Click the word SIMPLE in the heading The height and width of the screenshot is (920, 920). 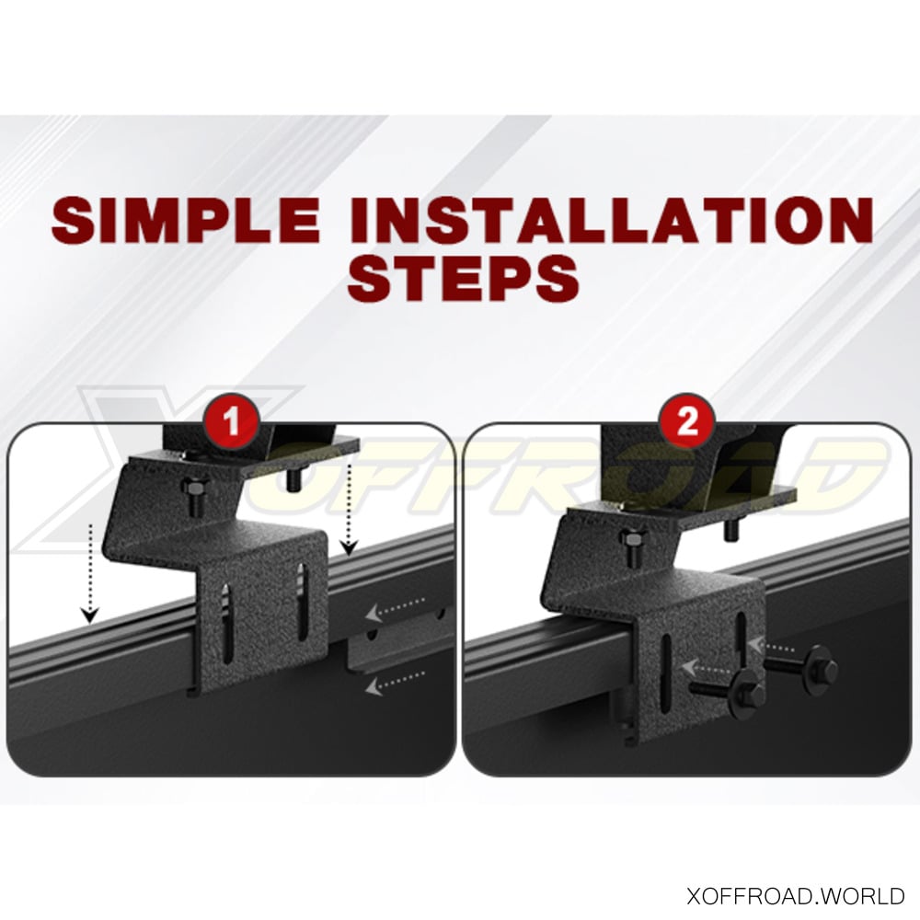[x=186, y=220]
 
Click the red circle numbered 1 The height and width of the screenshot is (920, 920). [x=232, y=420]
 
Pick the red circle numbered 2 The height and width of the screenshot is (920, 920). [x=686, y=420]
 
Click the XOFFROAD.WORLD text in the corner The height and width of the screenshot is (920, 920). [x=795, y=895]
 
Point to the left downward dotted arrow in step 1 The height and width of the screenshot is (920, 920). [x=90, y=573]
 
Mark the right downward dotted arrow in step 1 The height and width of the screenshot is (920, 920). [x=350, y=508]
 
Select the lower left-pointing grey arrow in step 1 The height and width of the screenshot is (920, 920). [x=395, y=682]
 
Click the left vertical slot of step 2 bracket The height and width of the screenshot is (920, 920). [x=666, y=674]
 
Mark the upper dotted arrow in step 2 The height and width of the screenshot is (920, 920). [x=770, y=646]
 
